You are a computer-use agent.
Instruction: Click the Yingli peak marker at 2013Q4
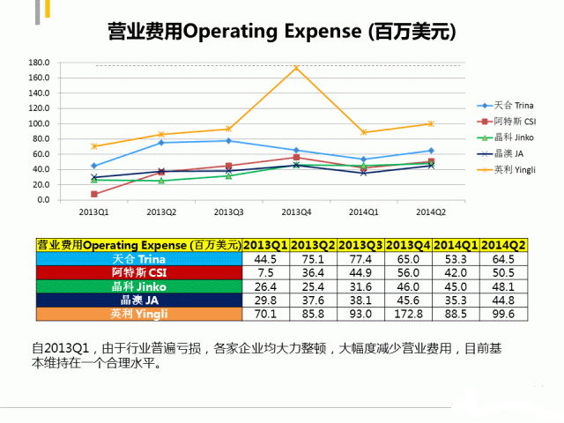(x=296, y=68)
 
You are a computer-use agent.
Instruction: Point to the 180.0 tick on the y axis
(x=38, y=63)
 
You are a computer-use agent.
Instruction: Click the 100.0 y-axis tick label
(x=38, y=123)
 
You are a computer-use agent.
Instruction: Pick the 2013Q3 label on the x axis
(x=228, y=212)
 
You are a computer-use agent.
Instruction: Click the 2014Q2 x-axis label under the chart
(x=431, y=212)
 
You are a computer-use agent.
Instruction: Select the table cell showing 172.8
(x=409, y=313)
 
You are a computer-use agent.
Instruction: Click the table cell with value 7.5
(x=266, y=273)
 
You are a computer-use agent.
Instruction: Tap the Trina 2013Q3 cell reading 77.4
(x=361, y=260)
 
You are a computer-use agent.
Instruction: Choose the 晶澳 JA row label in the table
(x=139, y=300)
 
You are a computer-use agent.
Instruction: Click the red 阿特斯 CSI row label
(x=139, y=273)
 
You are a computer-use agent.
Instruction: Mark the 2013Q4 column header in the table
(x=409, y=245)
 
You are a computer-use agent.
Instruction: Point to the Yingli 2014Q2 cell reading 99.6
(x=503, y=313)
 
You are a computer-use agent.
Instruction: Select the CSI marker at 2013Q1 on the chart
(x=93, y=194)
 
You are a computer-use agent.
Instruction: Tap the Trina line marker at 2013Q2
(x=161, y=143)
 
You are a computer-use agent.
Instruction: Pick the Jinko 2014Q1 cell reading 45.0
(x=456, y=286)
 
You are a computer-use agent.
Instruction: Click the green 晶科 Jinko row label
(x=139, y=286)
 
